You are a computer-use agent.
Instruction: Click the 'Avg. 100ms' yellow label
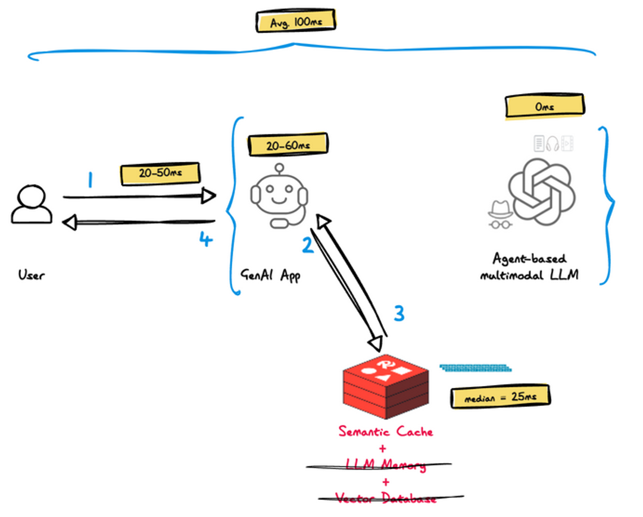tap(294, 22)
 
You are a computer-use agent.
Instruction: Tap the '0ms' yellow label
tap(543, 107)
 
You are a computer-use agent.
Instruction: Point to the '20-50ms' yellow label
tap(160, 174)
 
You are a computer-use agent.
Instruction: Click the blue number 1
tap(90, 180)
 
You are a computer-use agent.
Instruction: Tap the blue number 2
tap(307, 245)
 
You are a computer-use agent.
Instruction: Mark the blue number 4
tap(205, 240)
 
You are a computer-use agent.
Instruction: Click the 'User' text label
tap(31, 275)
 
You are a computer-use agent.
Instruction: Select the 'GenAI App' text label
tap(271, 275)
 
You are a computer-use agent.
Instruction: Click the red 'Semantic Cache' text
tap(386, 431)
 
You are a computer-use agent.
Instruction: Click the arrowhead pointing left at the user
tap(70, 223)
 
